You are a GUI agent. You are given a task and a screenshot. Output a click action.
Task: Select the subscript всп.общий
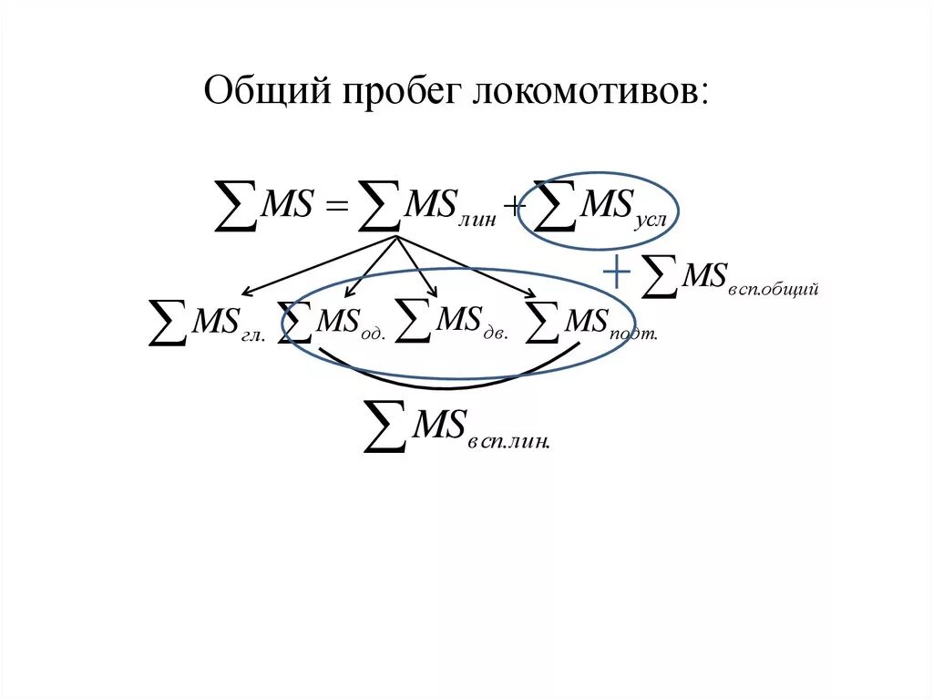point(775,289)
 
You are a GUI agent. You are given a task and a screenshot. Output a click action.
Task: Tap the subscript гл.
point(252,334)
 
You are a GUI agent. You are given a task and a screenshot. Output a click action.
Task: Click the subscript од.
point(374,334)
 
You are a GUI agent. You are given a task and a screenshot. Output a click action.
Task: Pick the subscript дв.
point(497,334)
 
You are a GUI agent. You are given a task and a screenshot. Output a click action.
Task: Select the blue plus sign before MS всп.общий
point(617,272)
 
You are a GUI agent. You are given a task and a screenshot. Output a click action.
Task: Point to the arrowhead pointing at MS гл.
point(245,292)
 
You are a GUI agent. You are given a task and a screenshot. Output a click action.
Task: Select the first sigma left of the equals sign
point(234,206)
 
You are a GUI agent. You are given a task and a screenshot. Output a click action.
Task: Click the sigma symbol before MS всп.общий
point(661,275)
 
